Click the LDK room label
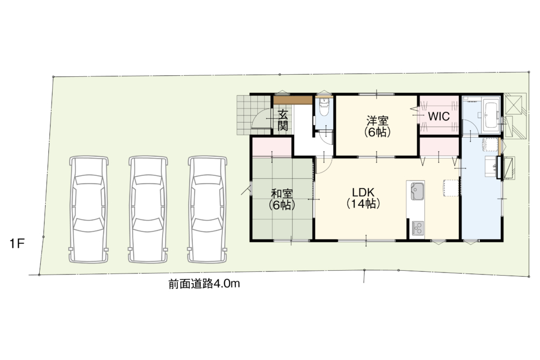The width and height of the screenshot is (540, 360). [363, 198]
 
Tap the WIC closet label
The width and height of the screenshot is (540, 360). [438, 117]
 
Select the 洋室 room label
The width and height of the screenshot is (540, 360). [377, 126]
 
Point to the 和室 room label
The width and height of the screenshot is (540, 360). [282, 199]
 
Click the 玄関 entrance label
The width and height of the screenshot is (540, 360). [283, 120]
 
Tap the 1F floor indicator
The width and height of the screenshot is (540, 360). [17, 244]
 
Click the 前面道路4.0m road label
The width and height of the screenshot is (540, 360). [204, 284]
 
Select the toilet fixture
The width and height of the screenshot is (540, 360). [324, 107]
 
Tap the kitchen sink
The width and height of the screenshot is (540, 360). [417, 191]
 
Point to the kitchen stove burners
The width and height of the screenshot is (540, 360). [417, 228]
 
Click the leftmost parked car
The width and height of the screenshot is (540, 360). [89, 210]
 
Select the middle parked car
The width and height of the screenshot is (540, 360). [148, 210]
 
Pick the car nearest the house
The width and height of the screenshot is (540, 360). [207, 210]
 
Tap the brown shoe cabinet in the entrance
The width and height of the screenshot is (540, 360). [293, 100]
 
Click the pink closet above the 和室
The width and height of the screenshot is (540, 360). [272, 147]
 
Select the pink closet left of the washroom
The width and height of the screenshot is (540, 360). [440, 147]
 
